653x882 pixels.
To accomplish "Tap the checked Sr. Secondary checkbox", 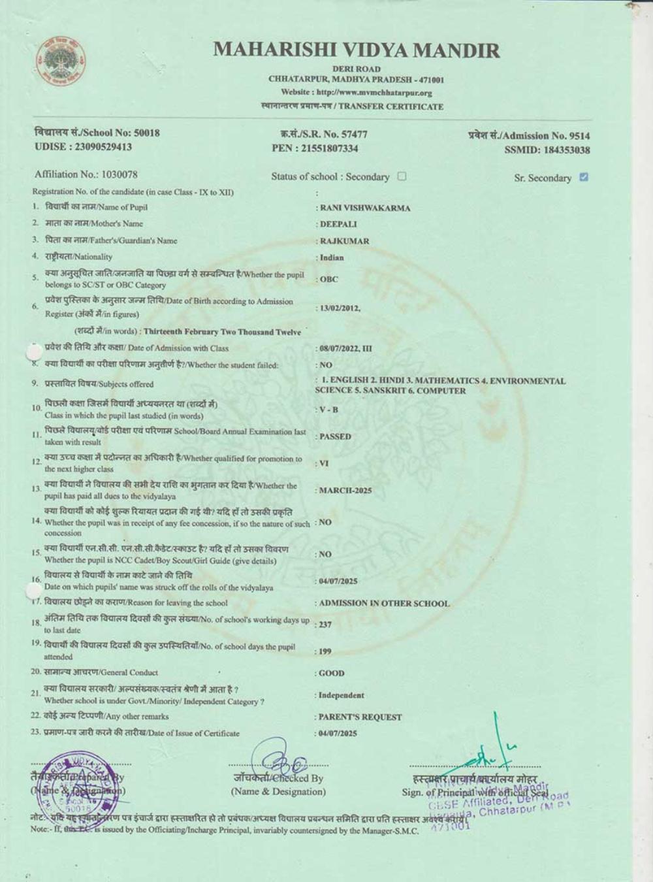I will tap(584, 176).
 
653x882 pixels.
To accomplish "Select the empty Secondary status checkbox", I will tap(402, 176).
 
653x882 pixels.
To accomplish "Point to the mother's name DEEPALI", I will tap(338, 224).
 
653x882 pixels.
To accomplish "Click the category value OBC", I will tap(329, 279).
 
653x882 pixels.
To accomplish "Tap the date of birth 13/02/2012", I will tap(339, 308).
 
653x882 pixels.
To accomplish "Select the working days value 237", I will tap(325, 625).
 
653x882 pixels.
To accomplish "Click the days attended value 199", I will tap(325, 651).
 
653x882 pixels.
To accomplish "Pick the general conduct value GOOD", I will tap(332, 673).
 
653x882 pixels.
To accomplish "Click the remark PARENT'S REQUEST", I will tap(360, 717).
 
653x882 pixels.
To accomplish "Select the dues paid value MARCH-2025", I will tap(345, 491).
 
